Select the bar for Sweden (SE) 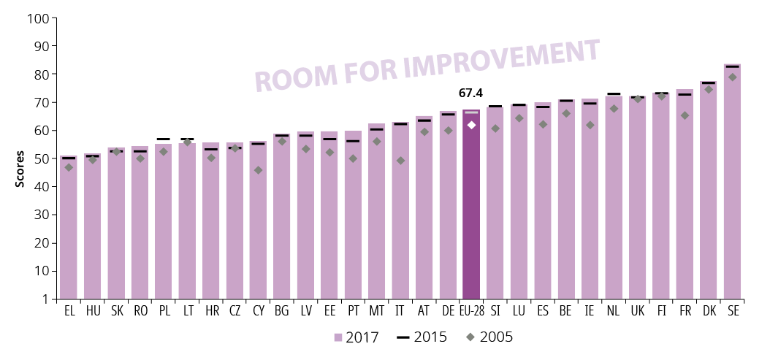coord(732,183)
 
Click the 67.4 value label coord(471,93)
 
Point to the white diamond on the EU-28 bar coord(471,125)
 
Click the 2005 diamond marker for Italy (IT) coord(400,161)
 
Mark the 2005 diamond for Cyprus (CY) coord(258,170)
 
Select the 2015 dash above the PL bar coord(164,139)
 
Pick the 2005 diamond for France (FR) coord(685,115)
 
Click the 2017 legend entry coord(357,337)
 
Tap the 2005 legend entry coord(489,337)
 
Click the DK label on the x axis coord(708,311)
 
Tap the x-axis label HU coord(93,311)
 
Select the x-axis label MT coord(376,311)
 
